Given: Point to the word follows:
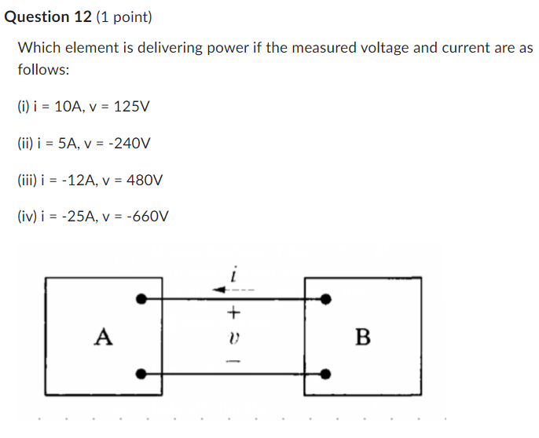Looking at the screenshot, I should point(43,69).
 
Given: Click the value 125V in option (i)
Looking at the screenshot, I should point(131,107).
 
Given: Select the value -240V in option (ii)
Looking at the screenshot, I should point(130,144).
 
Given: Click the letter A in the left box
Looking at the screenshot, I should point(103,338).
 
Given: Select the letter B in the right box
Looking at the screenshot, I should point(363,338).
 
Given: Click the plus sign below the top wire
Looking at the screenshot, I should point(233,312).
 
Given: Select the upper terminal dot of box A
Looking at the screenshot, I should point(141,299).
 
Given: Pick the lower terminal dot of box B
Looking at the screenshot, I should point(327,374).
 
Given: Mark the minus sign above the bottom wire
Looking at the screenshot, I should point(233,361).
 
